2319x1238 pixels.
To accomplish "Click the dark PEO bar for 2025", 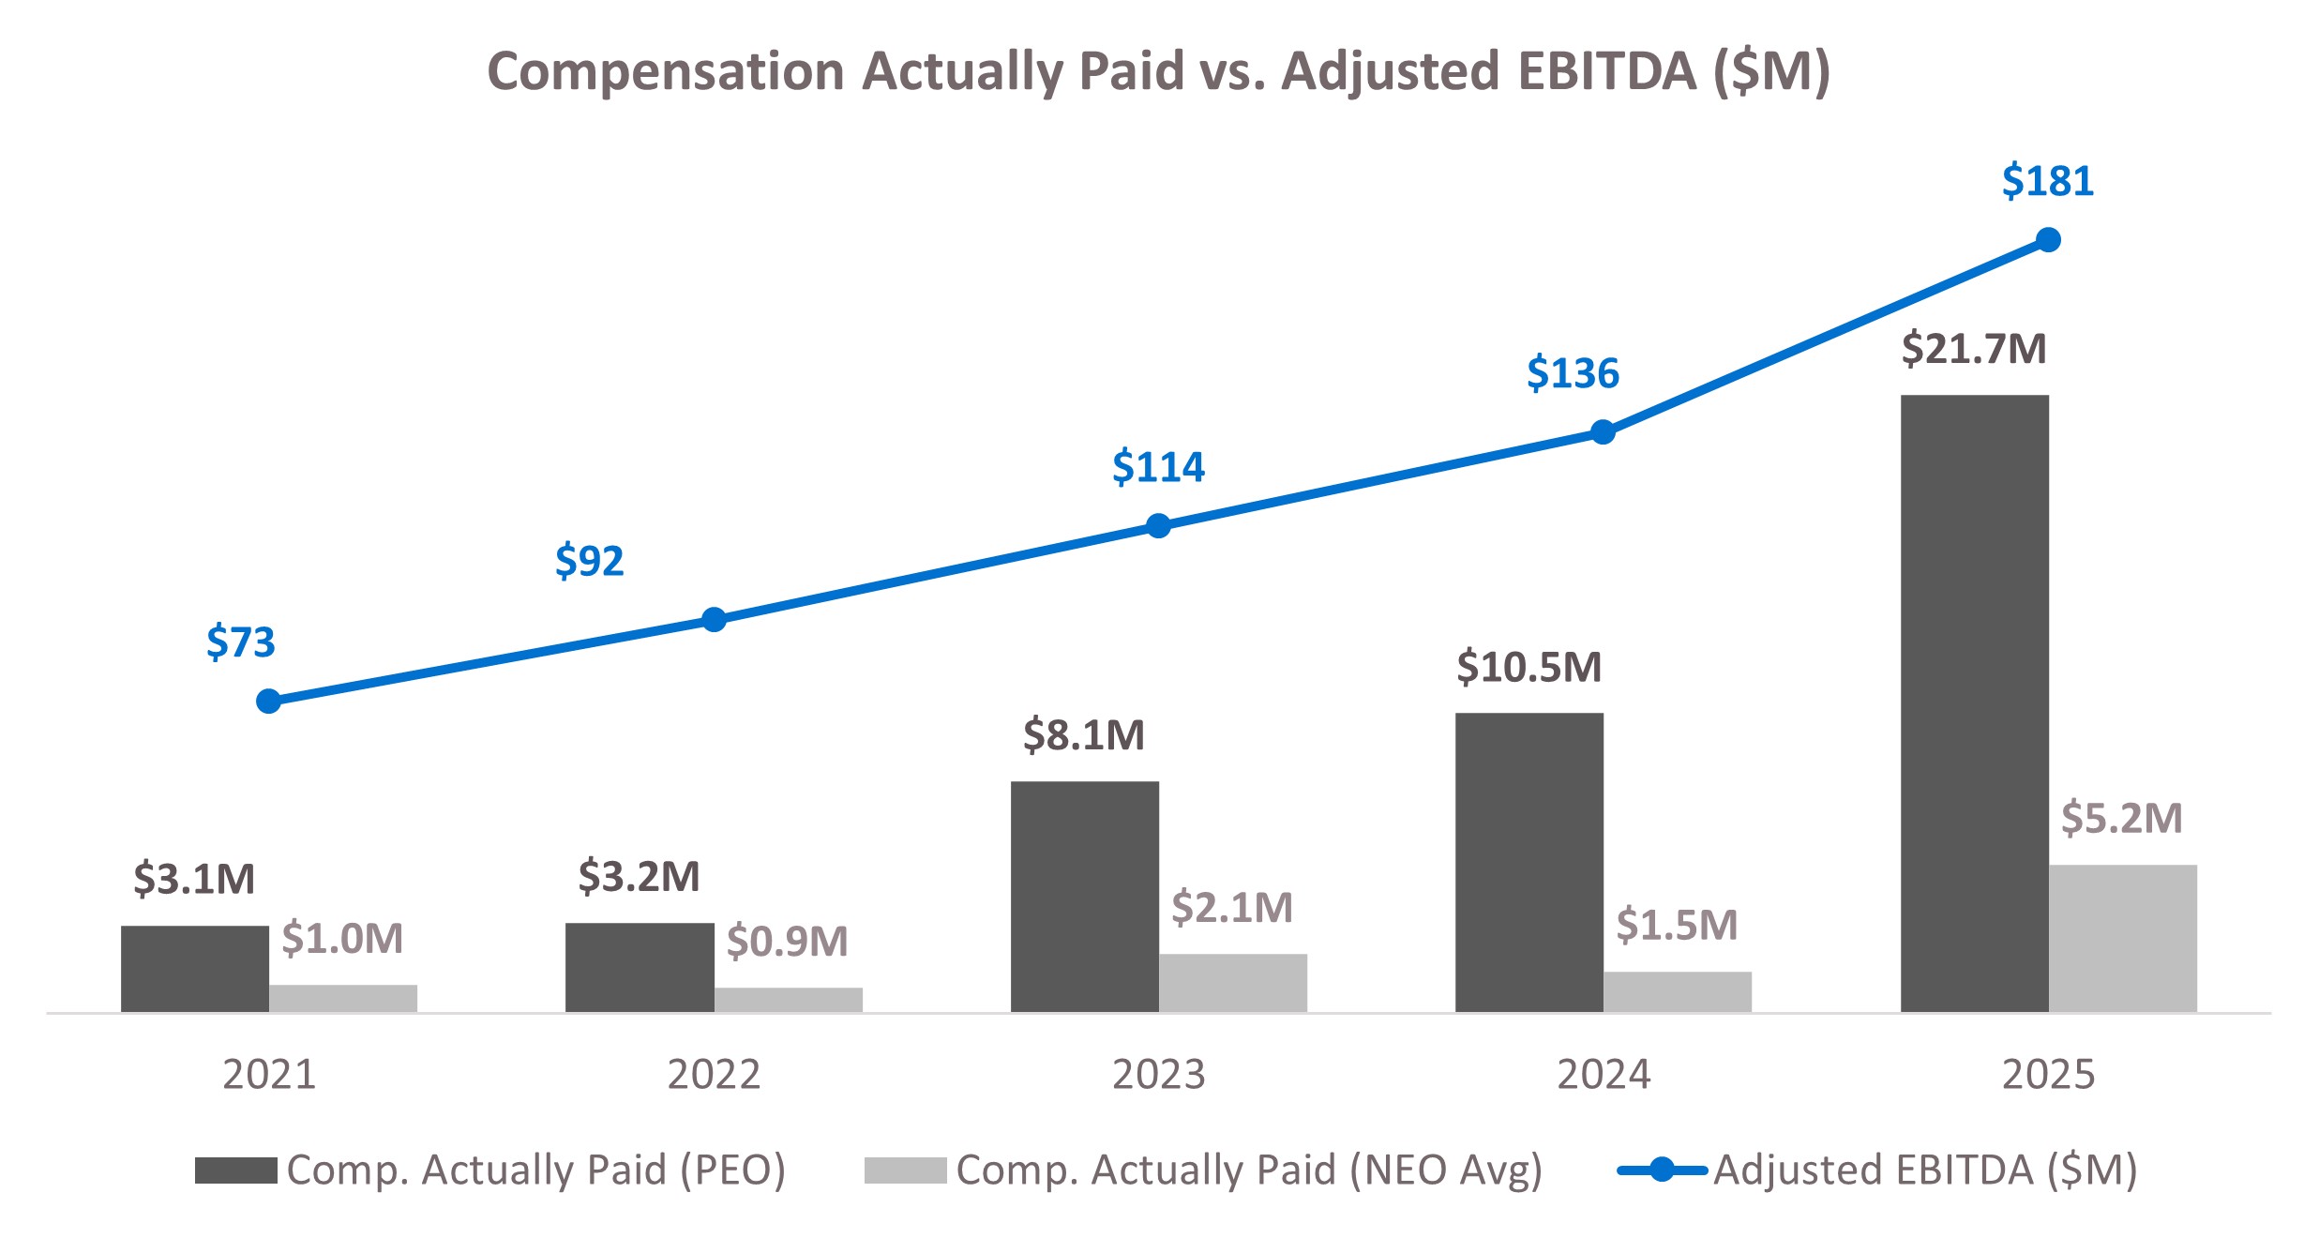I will pyautogui.click(x=1974, y=703).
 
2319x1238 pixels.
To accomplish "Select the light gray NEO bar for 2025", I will pyautogui.click(x=2122, y=938).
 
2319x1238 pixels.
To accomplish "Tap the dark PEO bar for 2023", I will pyautogui.click(x=1084, y=897).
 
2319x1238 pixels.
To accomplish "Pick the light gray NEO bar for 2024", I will pyautogui.click(x=1677, y=991).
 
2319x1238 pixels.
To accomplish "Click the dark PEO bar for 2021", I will pyautogui.click(x=194, y=969).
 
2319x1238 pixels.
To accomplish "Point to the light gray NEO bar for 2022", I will pyautogui.click(x=788, y=1000).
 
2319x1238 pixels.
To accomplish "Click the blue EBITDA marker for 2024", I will pyautogui.click(x=1603, y=432).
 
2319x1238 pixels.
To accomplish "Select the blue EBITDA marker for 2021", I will pyautogui.click(x=268, y=702).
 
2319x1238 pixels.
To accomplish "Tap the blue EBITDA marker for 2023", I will pyautogui.click(x=1158, y=526).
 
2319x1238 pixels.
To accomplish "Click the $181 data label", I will pyautogui.click(x=2047, y=181).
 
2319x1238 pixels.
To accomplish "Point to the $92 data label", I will pyautogui.click(x=589, y=561).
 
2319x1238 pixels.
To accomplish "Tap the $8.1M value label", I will pyautogui.click(x=1083, y=735).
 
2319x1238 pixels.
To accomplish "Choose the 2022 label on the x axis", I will pyautogui.click(x=713, y=1075).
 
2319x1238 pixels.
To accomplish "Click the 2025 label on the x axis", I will pyautogui.click(x=2047, y=1075).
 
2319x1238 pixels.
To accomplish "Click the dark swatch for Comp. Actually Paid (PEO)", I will pyautogui.click(x=235, y=1170).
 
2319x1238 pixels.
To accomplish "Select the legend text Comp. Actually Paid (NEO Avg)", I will pyautogui.click(x=1248, y=1170).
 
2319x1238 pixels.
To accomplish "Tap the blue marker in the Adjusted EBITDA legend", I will pyautogui.click(x=1661, y=1170).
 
